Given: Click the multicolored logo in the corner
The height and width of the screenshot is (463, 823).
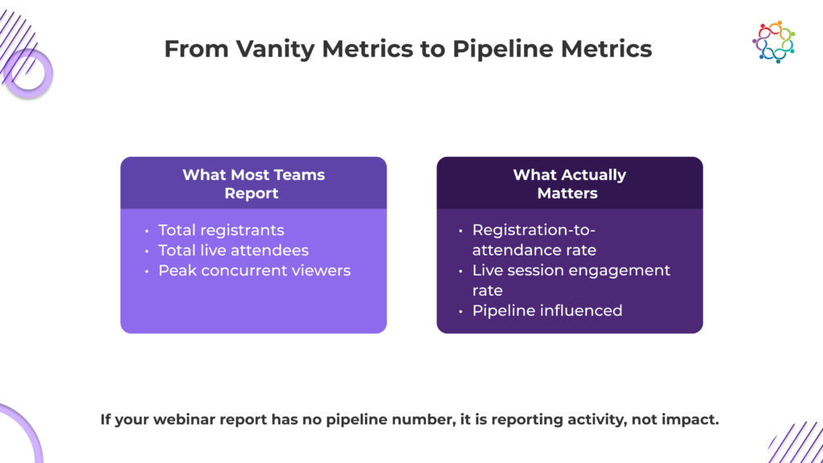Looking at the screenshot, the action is [774, 42].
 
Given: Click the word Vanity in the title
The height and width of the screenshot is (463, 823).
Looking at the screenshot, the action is [275, 49].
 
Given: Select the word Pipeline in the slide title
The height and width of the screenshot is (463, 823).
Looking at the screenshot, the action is [503, 49].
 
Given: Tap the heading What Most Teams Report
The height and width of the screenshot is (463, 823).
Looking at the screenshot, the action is [253, 184].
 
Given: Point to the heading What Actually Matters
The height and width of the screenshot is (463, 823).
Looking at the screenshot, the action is [569, 184].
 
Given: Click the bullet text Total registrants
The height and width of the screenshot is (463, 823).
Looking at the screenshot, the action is [221, 230].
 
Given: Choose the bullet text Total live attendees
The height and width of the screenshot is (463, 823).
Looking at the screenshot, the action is [233, 251].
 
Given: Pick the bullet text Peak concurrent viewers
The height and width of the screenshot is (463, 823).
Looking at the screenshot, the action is [254, 270].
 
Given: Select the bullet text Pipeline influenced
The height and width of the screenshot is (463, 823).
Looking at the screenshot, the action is [547, 311].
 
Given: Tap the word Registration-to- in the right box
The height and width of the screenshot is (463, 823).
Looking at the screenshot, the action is [534, 230].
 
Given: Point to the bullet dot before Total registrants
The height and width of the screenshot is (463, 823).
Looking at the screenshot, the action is [146, 231].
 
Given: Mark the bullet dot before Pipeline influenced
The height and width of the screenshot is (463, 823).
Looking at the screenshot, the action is [461, 311].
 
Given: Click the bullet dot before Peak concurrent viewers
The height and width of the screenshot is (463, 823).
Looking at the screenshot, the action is [146, 272].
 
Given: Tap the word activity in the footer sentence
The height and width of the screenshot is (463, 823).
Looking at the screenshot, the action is [597, 420].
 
